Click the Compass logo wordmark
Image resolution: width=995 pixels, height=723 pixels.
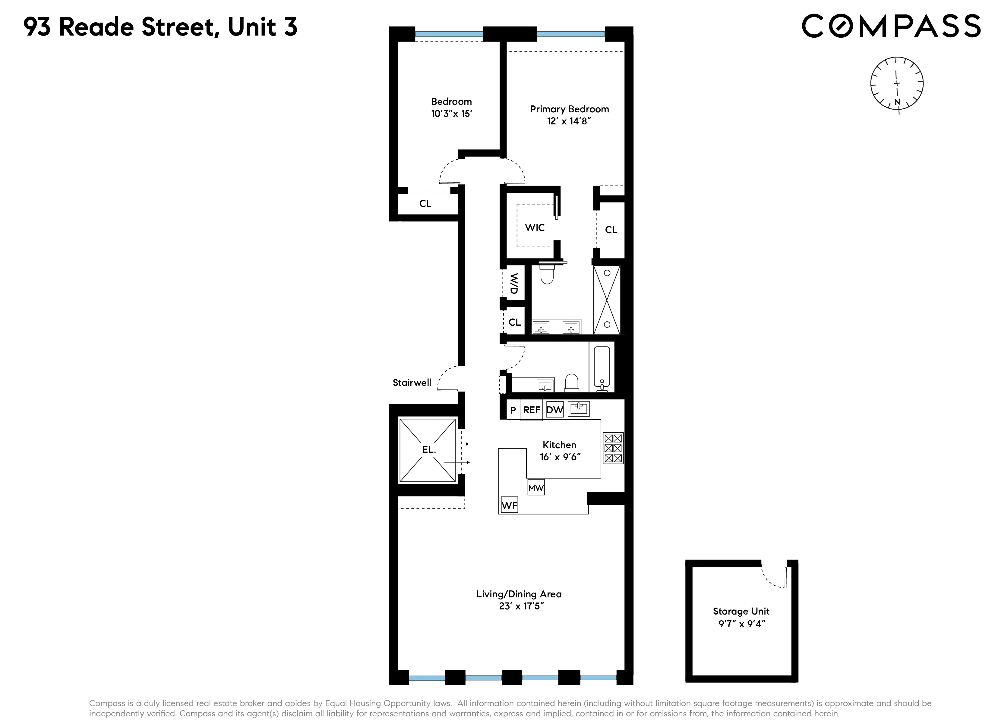click(891, 26)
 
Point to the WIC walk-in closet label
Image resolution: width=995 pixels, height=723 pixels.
click(535, 227)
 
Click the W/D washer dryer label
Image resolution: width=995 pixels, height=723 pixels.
click(514, 284)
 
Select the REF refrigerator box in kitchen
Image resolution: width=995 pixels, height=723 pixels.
click(531, 410)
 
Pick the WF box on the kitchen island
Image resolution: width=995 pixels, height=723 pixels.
click(509, 505)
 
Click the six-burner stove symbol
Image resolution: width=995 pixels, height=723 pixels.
click(613, 449)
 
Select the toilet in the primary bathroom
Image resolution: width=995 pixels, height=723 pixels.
click(547, 274)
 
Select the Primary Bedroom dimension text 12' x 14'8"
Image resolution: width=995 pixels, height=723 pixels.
click(569, 121)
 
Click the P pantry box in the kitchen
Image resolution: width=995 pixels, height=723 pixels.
click(513, 410)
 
